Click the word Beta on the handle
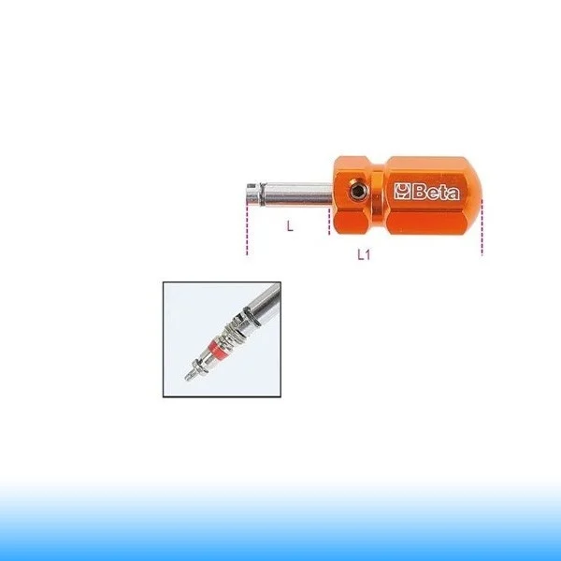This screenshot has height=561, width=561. click(x=436, y=192)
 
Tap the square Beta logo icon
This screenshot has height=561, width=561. click(x=402, y=192)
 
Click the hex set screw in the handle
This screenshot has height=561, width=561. click(x=357, y=192)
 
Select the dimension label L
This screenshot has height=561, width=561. click(x=290, y=225)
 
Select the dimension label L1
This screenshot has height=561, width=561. click(x=364, y=254)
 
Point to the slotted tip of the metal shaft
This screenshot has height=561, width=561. click(x=252, y=194)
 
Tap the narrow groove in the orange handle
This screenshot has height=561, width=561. click(x=378, y=196)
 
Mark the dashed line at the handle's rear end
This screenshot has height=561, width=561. click(x=482, y=227)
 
